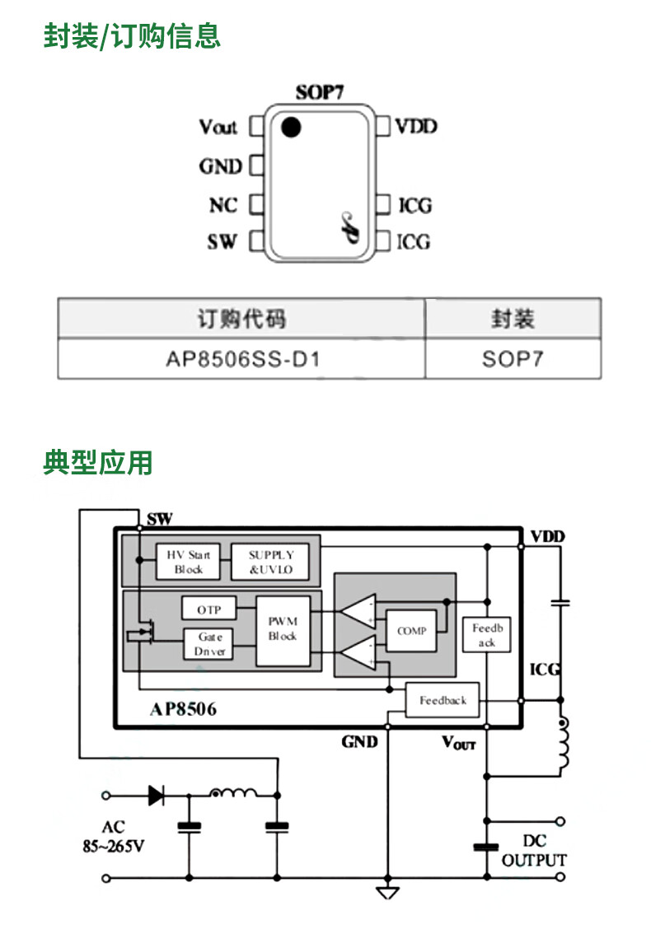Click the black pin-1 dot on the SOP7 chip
(290, 128)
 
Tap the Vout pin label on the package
(218, 127)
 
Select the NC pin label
(222, 204)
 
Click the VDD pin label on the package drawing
(416, 127)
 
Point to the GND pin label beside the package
(220, 166)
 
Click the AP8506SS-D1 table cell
(241, 359)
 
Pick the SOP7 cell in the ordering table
(513, 359)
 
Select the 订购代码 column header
(241, 318)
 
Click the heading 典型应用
(98, 462)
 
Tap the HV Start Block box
(189, 562)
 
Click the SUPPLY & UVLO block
(271, 562)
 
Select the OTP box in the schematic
(208, 609)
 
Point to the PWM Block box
(283, 630)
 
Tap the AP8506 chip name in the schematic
(183, 709)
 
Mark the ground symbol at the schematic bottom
(386, 893)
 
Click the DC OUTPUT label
(534, 851)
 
